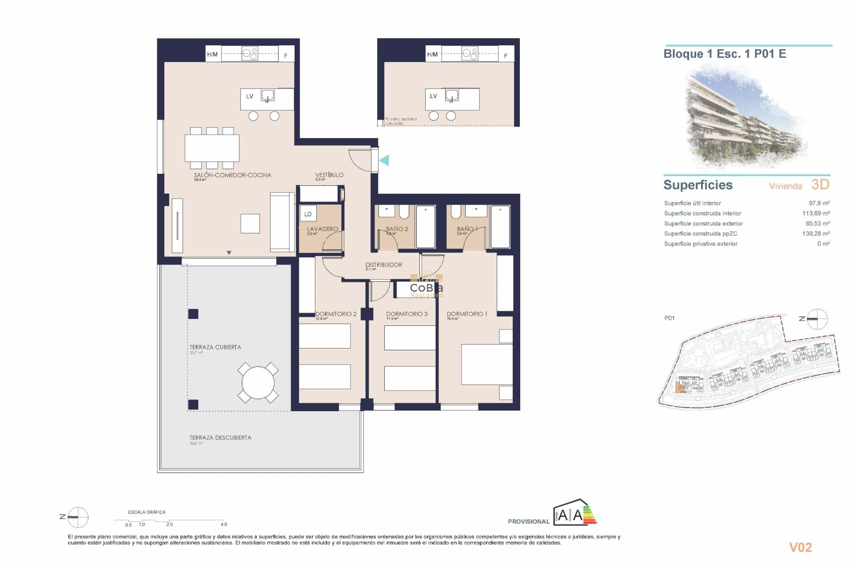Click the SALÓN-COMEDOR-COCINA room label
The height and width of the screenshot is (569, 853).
232,175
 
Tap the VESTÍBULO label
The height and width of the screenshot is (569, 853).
329,175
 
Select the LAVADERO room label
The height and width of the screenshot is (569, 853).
323,229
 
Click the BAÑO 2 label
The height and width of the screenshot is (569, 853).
397,229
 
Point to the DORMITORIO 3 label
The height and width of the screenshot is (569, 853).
407,314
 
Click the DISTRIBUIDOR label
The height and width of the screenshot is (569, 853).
384,265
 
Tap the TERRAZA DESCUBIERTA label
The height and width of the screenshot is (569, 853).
220,438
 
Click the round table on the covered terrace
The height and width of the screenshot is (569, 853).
258,383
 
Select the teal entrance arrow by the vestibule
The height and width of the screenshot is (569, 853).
384,160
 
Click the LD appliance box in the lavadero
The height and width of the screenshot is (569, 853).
308,214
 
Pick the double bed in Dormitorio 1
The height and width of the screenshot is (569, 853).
486,365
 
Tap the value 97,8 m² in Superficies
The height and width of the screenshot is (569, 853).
819,203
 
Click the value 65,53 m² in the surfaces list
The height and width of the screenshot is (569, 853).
817,224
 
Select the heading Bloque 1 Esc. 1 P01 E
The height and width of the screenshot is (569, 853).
725,54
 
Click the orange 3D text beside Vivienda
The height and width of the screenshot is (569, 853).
820,184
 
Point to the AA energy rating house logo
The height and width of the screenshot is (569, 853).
574,513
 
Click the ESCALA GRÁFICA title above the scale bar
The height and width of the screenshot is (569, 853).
147,512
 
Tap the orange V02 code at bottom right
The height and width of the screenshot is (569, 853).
800,548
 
